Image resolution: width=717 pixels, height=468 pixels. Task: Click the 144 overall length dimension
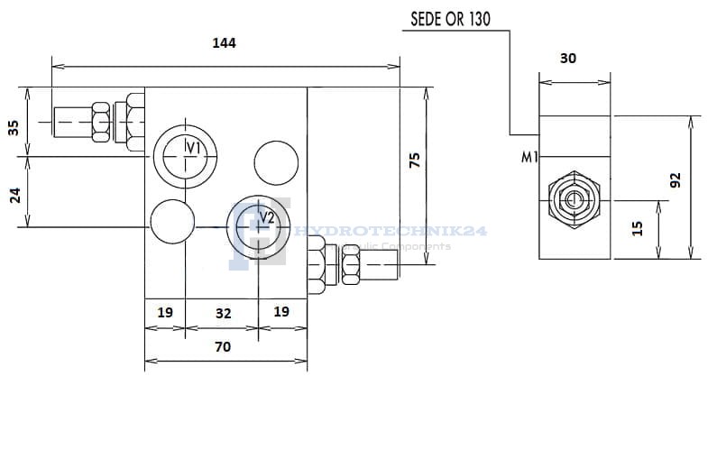224,42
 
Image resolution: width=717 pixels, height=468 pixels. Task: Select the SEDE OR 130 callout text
450,19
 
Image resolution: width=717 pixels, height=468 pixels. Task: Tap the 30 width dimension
568,59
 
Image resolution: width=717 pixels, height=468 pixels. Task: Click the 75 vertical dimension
414,161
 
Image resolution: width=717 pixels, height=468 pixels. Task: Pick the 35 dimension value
14,127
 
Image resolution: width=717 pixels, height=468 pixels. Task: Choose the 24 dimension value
14,194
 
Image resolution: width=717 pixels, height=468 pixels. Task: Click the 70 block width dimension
223,346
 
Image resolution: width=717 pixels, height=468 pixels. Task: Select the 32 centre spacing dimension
223,313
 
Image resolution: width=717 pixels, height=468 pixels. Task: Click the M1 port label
529,157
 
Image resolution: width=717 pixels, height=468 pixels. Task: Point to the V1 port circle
184,152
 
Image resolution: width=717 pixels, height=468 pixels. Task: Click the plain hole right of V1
276,162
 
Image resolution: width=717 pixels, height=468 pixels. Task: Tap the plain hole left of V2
172,221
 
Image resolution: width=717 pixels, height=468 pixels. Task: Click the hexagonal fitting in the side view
573,197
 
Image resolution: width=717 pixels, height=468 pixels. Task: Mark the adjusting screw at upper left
95,120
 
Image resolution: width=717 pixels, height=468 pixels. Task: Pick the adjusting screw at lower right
354,267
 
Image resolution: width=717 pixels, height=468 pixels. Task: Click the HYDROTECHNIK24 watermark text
391,232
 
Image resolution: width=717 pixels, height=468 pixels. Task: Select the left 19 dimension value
165,312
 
